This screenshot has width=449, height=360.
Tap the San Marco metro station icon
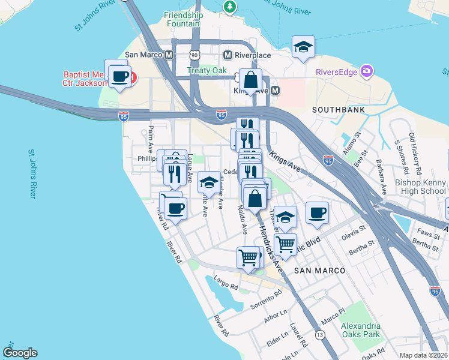tap(169, 55)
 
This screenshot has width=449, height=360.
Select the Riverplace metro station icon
tap(228, 55)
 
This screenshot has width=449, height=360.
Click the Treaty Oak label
tap(206, 70)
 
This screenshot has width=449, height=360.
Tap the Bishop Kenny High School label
tap(420, 187)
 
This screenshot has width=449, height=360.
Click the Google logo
tap(20, 353)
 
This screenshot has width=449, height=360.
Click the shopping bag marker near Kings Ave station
tap(250, 80)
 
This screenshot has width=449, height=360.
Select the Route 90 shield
tap(194, 55)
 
